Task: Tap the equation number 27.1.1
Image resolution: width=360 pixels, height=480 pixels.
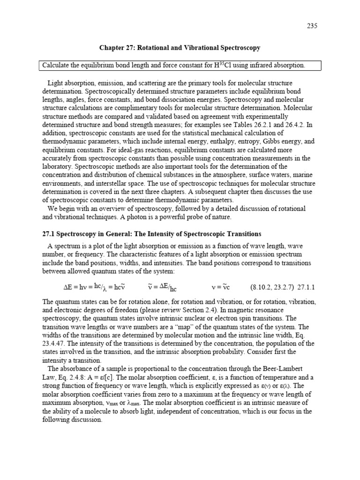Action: (307, 286)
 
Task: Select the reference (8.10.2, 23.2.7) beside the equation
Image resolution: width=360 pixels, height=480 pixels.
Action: (272, 286)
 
